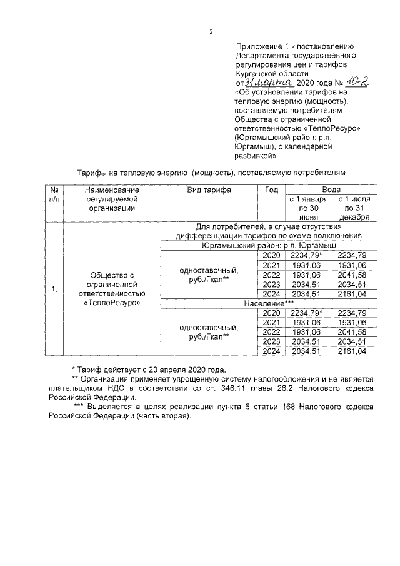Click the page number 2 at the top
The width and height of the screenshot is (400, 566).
(x=211, y=31)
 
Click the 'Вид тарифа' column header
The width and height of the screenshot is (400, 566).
(x=209, y=190)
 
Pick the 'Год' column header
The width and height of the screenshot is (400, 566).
(x=271, y=190)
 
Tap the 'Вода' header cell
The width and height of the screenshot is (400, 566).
(x=331, y=189)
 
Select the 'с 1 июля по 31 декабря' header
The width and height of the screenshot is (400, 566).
(x=353, y=208)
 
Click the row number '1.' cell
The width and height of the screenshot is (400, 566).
(x=54, y=289)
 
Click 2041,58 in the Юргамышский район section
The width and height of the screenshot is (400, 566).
(x=353, y=275)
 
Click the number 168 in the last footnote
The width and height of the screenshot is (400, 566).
(x=248, y=407)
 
